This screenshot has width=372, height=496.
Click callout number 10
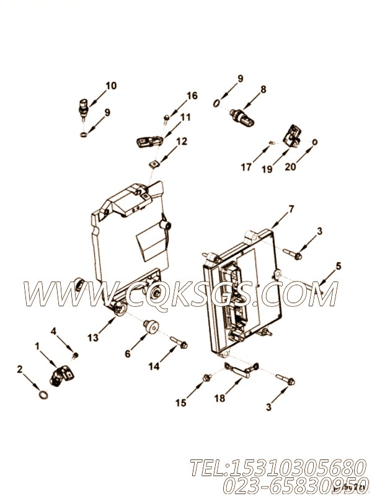point(110,86)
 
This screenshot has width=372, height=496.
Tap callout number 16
point(192,95)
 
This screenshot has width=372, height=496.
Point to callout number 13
point(93,337)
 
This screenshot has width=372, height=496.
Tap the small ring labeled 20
point(314,142)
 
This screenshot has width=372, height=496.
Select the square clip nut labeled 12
point(153,164)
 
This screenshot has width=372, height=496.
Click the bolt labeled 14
point(180,342)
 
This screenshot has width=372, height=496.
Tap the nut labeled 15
point(206,376)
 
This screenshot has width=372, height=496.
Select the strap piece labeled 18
point(239,370)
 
